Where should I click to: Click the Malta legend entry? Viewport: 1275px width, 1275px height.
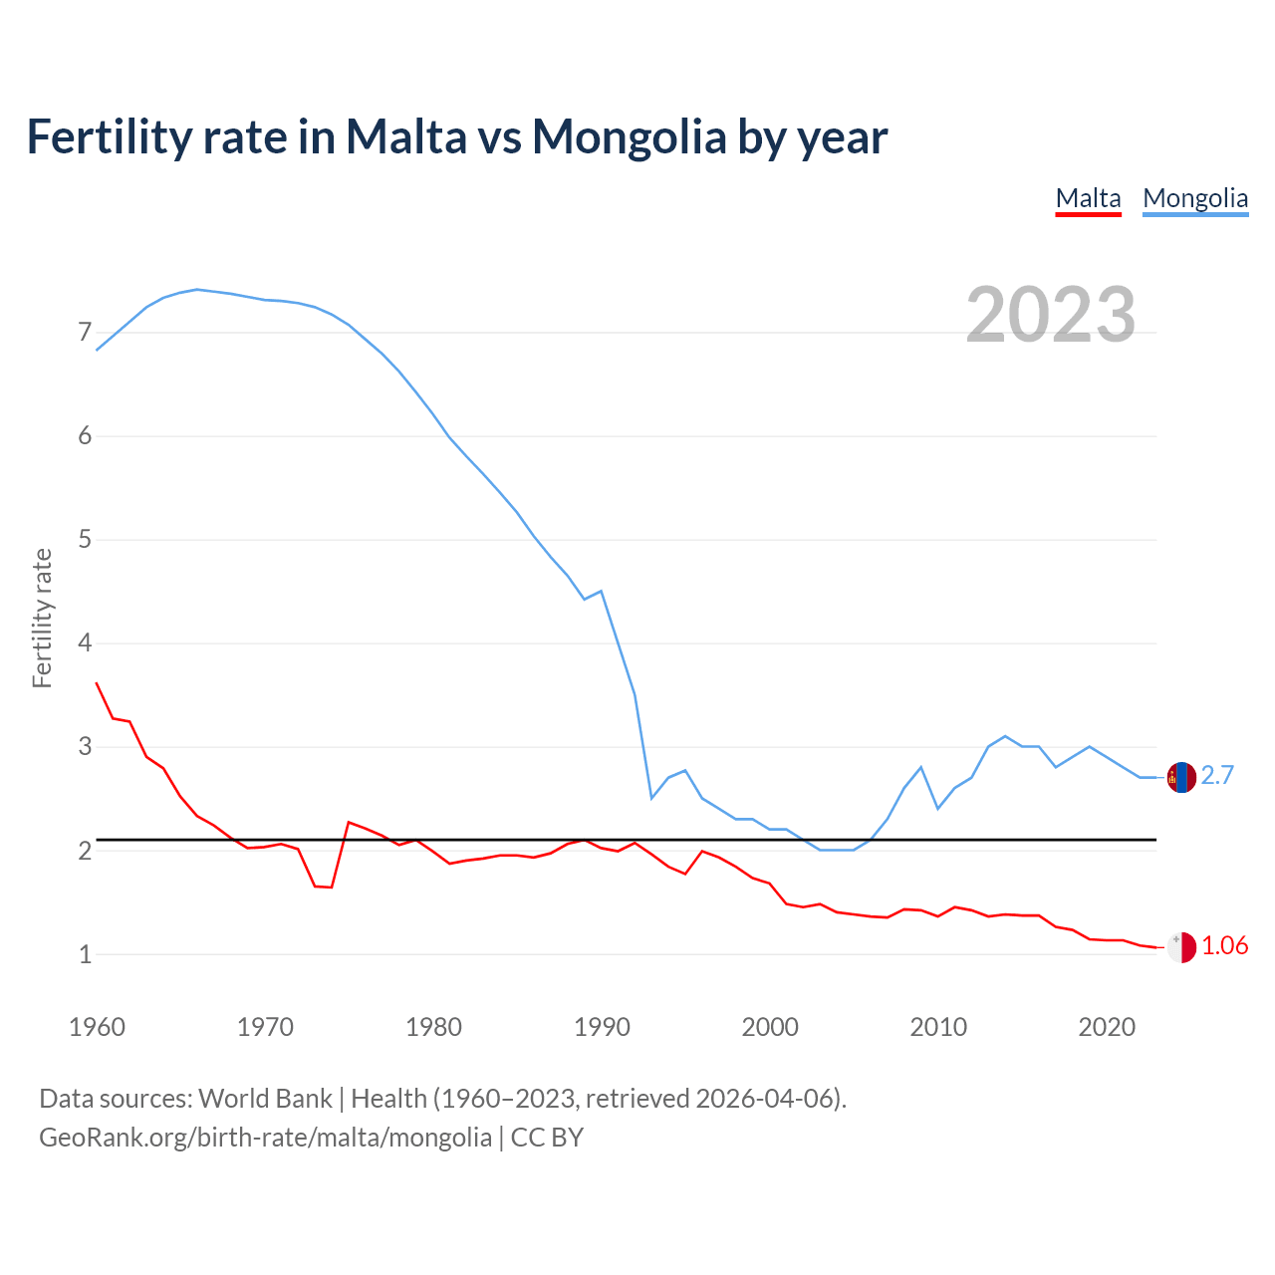point(1088,198)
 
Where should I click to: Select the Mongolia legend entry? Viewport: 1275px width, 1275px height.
point(1195,198)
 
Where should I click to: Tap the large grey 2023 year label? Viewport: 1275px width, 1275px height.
point(1050,315)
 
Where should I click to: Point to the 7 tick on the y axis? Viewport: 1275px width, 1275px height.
point(85,333)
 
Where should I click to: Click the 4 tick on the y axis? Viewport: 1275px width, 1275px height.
point(85,643)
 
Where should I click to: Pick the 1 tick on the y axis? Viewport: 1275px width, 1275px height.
point(85,954)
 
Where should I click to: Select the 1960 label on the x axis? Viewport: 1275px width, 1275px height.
point(97,1027)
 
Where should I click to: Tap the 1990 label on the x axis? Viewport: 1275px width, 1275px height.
point(602,1027)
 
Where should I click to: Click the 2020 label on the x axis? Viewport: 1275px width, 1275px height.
point(1107,1027)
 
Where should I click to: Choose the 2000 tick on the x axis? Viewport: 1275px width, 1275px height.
point(770,1027)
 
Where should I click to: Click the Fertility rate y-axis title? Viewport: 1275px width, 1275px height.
point(42,618)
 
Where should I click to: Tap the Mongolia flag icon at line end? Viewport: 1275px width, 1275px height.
point(1181,777)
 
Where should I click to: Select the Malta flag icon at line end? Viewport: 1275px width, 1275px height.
point(1181,947)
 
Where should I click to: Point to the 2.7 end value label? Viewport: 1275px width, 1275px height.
point(1217,775)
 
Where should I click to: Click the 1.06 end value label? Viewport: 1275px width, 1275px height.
point(1224,946)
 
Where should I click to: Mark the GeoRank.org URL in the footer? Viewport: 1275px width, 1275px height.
point(265,1138)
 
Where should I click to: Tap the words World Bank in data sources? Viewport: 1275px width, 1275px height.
point(265,1099)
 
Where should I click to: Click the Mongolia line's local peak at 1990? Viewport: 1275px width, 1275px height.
point(601,591)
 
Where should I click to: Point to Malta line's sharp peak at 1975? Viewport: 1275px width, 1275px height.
point(349,822)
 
